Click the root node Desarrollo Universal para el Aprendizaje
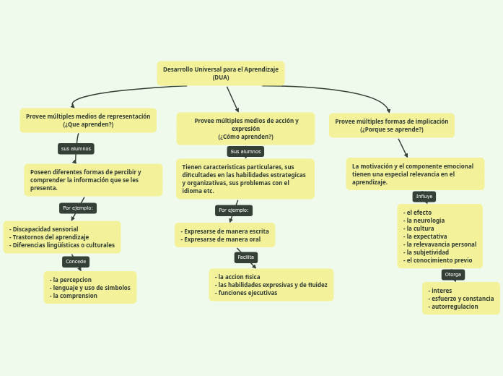click(x=221, y=73)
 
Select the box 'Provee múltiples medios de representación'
click(x=88, y=120)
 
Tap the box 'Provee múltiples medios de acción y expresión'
click(x=246, y=129)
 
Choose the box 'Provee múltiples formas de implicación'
click(x=392, y=125)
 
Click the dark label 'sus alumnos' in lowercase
click(x=76, y=148)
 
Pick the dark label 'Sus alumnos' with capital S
click(x=245, y=151)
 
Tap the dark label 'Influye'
click(x=424, y=196)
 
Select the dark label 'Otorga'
click(x=452, y=274)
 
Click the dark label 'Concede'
click(x=76, y=261)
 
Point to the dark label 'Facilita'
click(x=246, y=257)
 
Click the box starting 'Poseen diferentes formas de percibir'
click(x=93, y=180)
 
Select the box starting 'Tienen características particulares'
click(x=245, y=179)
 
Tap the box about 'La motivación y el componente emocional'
click(x=415, y=174)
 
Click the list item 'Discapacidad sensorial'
click(x=45, y=229)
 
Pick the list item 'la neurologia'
click(x=425, y=221)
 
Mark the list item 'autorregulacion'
click(x=454, y=307)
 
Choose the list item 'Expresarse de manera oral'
click(x=222, y=239)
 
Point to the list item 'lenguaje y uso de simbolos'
click(x=91, y=288)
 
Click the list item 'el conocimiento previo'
click(x=439, y=260)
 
